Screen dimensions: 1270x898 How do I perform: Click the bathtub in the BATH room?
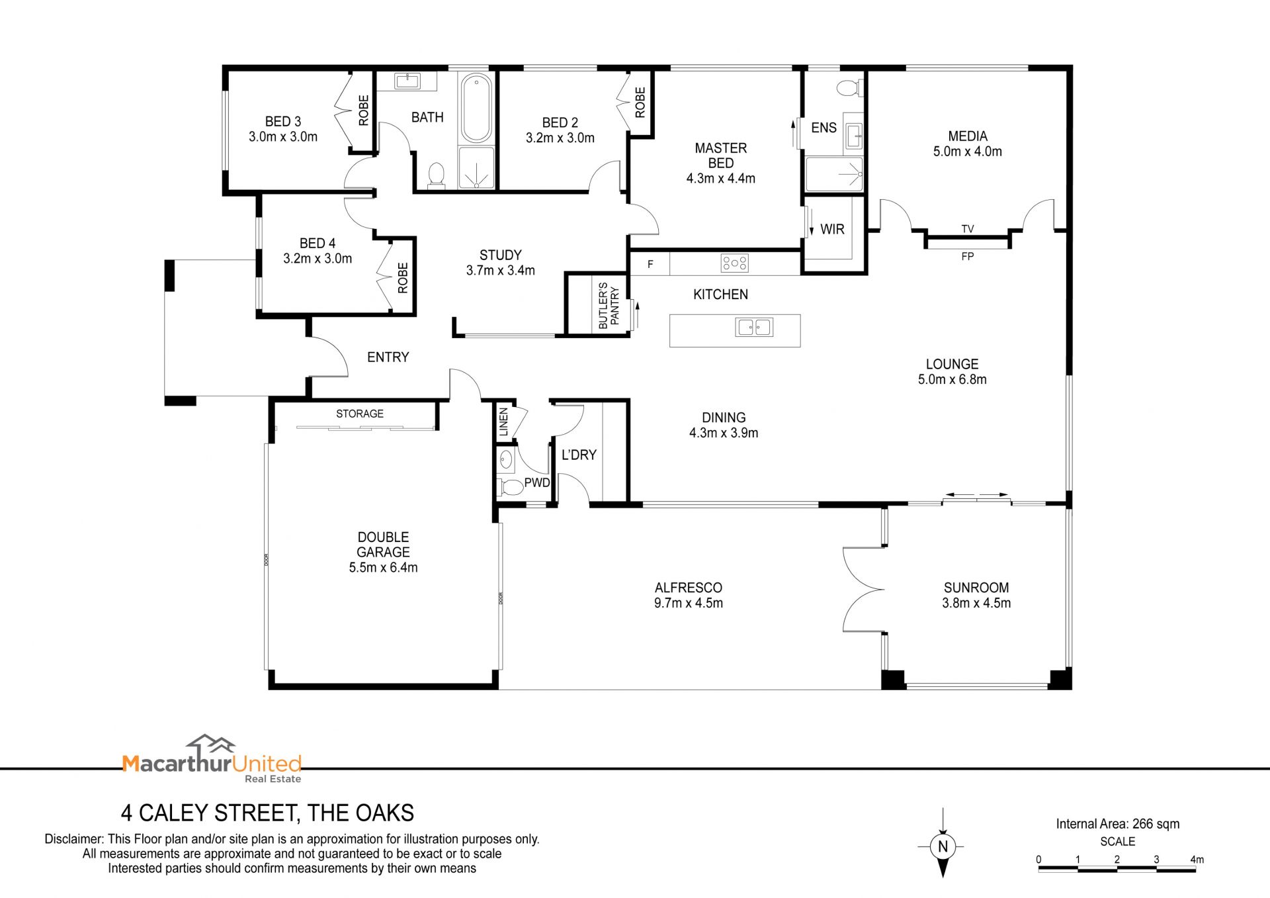point(476,109)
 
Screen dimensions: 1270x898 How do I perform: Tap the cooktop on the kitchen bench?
point(735,263)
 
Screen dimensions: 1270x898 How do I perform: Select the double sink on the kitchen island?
point(754,327)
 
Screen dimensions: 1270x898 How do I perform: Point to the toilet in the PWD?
point(511,488)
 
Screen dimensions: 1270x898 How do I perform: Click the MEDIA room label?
point(968,136)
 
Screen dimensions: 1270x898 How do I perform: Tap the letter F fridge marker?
point(650,264)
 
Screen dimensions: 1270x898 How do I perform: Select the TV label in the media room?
point(968,229)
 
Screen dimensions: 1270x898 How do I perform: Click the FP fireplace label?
point(968,256)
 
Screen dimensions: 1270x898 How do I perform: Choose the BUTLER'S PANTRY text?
point(609,306)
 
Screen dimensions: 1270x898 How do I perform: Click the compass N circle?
point(943,846)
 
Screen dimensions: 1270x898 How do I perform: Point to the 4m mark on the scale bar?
point(1197,860)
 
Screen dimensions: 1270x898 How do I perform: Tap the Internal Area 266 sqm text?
point(1118,824)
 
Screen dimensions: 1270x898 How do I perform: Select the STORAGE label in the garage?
point(360,414)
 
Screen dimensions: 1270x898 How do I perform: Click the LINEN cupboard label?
point(503,422)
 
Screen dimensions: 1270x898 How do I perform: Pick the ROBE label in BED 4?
point(403,278)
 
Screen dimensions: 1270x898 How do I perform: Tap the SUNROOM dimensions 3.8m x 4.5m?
point(976,603)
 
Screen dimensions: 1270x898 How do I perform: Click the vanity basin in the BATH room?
point(407,81)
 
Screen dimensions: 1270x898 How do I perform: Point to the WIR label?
point(832,229)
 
